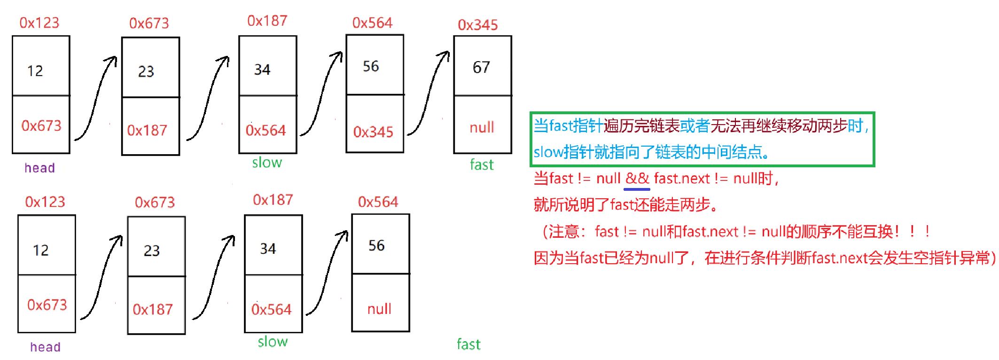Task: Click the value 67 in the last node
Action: coord(481,67)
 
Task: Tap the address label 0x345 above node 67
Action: coord(477,24)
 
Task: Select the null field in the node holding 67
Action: coord(482,127)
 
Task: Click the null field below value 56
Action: coord(379,309)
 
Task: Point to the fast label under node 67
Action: coord(482,164)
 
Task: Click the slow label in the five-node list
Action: coord(267,163)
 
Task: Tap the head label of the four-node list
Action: coord(45,347)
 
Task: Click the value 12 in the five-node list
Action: coord(35,70)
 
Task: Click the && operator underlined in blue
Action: coord(637,179)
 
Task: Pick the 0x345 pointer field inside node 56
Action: coord(373,132)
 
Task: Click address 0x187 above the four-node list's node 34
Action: coord(273,200)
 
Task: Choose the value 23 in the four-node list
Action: coord(151,250)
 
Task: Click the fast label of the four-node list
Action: coord(468,344)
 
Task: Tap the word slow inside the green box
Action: coord(548,152)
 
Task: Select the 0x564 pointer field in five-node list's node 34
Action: coord(265,130)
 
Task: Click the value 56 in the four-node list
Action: coord(376,245)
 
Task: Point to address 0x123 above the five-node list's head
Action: coord(39,23)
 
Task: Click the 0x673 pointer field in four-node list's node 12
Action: coord(47,305)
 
